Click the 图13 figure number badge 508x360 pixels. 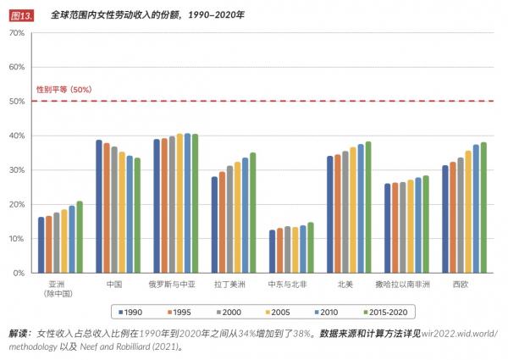20,15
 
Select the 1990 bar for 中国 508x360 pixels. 99,207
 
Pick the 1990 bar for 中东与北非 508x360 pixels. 272,252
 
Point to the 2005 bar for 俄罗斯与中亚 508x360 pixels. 179,203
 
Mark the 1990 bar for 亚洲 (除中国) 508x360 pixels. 41,245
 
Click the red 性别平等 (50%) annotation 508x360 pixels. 63,89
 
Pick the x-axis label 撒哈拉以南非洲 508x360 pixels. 407,284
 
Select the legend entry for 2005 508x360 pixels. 277,310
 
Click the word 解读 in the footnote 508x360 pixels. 19,334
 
